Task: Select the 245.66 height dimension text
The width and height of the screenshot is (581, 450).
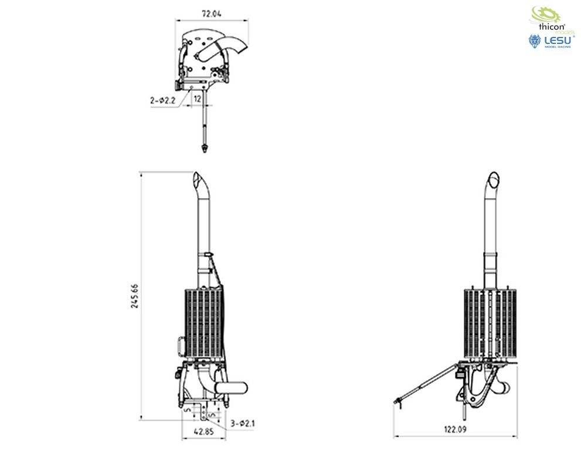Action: click(135, 295)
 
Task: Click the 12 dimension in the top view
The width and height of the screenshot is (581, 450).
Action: click(198, 99)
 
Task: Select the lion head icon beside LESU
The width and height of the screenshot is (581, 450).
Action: click(534, 42)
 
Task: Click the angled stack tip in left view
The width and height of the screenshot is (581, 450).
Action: click(199, 178)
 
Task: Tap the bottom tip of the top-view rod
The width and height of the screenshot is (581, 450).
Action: click(204, 149)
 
